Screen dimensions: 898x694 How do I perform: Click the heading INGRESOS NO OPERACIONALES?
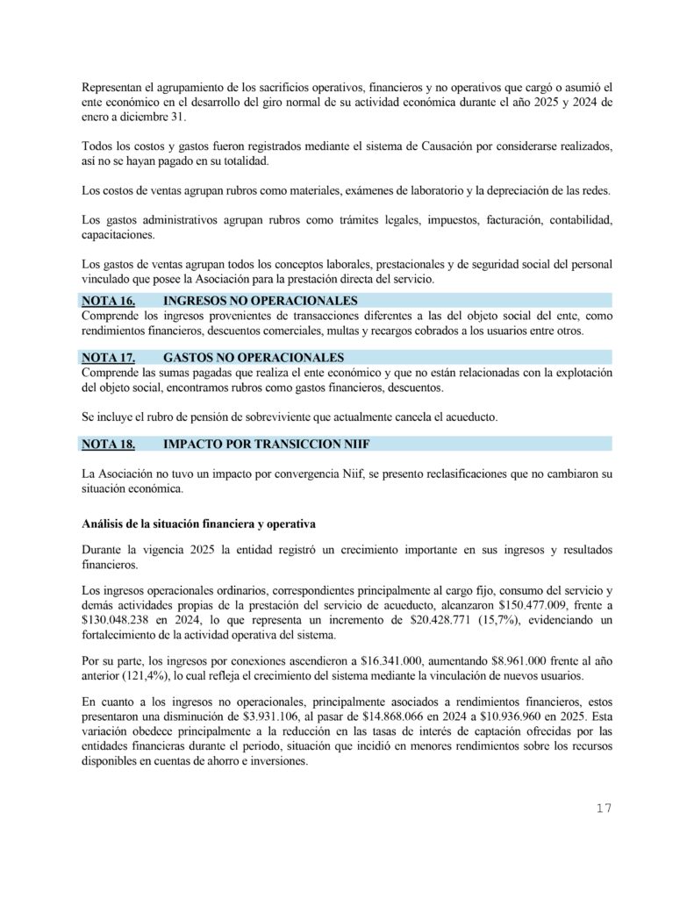click(248, 302)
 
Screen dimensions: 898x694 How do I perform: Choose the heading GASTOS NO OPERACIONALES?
click(240, 357)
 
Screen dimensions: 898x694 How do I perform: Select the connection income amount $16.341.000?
click(376, 659)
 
